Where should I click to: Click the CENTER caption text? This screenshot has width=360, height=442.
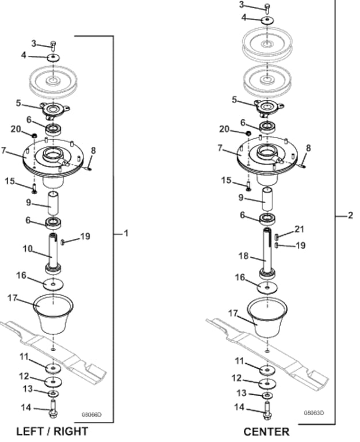(x=266, y=432)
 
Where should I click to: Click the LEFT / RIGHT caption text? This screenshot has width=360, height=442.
(x=52, y=431)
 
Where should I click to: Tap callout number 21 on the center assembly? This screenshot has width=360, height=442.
(x=299, y=230)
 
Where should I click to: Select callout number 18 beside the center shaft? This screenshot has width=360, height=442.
(x=244, y=256)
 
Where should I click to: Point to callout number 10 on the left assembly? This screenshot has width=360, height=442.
(x=28, y=249)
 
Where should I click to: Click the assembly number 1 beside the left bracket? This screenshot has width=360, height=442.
(x=126, y=234)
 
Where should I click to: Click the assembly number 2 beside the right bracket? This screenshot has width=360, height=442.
(x=350, y=216)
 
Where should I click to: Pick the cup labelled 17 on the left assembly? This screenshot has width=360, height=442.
(x=53, y=314)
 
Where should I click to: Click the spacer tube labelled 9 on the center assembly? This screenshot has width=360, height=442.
(x=267, y=199)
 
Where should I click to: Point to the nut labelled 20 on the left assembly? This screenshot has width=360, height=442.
(x=34, y=136)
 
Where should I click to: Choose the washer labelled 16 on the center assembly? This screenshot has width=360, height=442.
(x=267, y=288)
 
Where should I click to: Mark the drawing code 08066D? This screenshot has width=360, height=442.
(x=91, y=414)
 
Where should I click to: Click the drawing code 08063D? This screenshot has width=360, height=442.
(x=314, y=413)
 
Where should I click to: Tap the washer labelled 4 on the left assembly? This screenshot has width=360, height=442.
(x=53, y=58)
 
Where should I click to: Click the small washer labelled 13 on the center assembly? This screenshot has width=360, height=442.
(x=267, y=396)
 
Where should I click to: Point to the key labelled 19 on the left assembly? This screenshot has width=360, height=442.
(x=63, y=242)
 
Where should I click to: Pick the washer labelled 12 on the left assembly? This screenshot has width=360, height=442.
(x=53, y=382)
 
